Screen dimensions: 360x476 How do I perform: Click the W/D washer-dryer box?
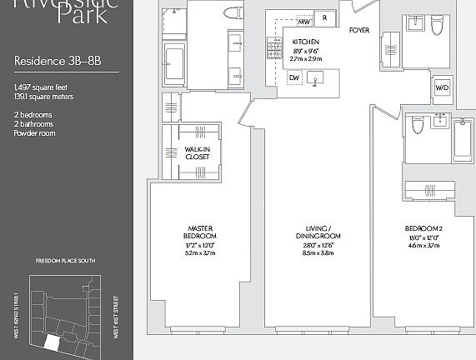[441, 88]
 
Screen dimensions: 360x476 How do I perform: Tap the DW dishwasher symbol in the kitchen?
[293, 77]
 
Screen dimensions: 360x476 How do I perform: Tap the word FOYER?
[359, 30]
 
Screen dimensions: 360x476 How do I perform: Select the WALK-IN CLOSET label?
[198, 153]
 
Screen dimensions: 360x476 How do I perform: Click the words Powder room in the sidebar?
[34, 133]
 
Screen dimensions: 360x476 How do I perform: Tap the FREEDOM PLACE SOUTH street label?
[65, 262]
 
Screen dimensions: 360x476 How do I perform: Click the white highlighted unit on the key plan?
[53, 342]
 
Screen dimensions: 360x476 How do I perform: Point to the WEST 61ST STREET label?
[118, 317]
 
